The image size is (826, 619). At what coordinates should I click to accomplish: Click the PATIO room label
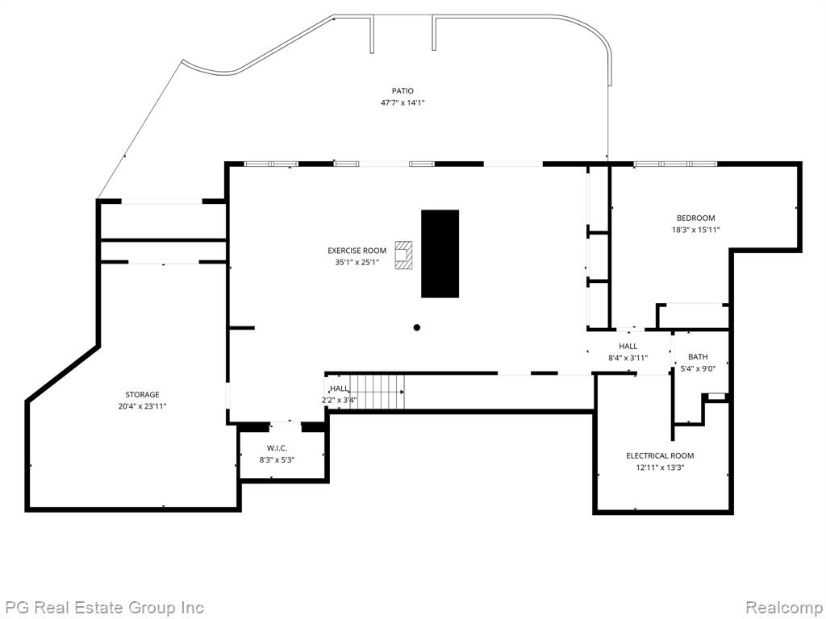point(403,91)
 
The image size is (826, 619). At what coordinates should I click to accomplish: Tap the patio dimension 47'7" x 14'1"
point(403,103)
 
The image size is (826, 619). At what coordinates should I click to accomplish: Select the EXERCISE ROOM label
point(357,251)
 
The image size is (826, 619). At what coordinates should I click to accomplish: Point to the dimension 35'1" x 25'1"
point(357,262)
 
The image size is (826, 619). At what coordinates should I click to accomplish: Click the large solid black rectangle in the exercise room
point(440,254)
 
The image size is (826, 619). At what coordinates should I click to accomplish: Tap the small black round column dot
point(417,327)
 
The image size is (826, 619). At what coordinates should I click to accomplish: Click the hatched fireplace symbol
point(404,255)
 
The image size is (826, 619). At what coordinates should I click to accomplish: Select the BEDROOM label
point(696,218)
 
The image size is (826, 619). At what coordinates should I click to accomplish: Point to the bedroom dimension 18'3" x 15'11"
point(695,230)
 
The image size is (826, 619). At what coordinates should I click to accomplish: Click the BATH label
point(698,357)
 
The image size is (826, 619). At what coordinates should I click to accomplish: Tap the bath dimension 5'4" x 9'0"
point(698,368)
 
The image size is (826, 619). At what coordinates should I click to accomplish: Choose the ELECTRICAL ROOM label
point(660,456)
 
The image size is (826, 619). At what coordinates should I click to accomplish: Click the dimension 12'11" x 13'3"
point(660,467)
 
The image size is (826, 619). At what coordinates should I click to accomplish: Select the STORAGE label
point(142,394)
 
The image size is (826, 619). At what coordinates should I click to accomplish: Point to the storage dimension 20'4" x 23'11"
point(142,406)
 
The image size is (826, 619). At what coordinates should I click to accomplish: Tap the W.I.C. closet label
point(277,448)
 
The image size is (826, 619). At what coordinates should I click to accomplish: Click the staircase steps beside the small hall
point(378,392)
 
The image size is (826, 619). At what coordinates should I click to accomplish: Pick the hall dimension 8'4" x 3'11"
point(628,358)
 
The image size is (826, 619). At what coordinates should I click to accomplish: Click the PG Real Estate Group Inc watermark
point(102,608)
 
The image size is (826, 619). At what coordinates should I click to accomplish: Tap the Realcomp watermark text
point(784,608)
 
